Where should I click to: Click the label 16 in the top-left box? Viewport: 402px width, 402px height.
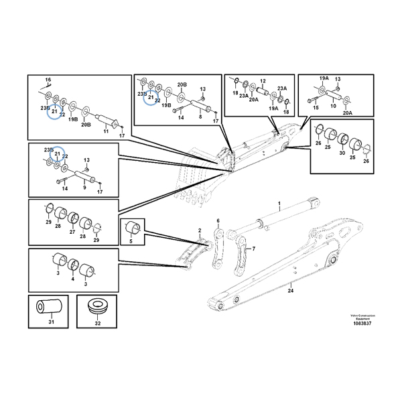[x=48, y=80]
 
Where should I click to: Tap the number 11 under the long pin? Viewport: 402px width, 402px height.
[x=105, y=132]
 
